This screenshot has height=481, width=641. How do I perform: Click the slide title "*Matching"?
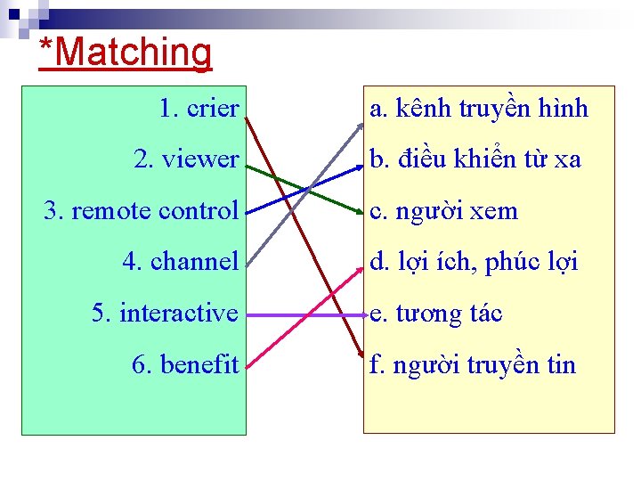[x=126, y=52]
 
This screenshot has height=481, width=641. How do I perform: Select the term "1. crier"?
[x=199, y=109]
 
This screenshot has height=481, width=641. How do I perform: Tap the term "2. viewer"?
[x=186, y=159]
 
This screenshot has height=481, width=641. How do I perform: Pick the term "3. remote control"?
[x=142, y=211]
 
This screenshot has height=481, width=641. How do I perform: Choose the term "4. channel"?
[x=181, y=262]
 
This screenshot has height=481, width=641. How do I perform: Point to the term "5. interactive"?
[x=166, y=314]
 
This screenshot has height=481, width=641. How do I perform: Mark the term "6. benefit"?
[x=185, y=364]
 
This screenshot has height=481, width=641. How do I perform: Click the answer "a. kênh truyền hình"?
[x=479, y=109]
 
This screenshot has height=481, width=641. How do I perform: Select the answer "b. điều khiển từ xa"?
[x=475, y=159]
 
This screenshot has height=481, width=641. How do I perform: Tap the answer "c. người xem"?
[x=443, y=211]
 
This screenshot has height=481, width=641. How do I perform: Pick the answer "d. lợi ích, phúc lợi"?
[x=474, y=262]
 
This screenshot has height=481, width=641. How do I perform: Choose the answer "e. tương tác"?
[x=436, y=314]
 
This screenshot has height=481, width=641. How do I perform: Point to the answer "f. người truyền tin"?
[x=473, y=364]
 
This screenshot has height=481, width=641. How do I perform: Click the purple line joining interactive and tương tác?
[x=303, y=314]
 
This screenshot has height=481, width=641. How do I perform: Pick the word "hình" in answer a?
[x=565, y=109]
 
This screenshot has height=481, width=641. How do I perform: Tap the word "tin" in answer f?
[x=561, y=364]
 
